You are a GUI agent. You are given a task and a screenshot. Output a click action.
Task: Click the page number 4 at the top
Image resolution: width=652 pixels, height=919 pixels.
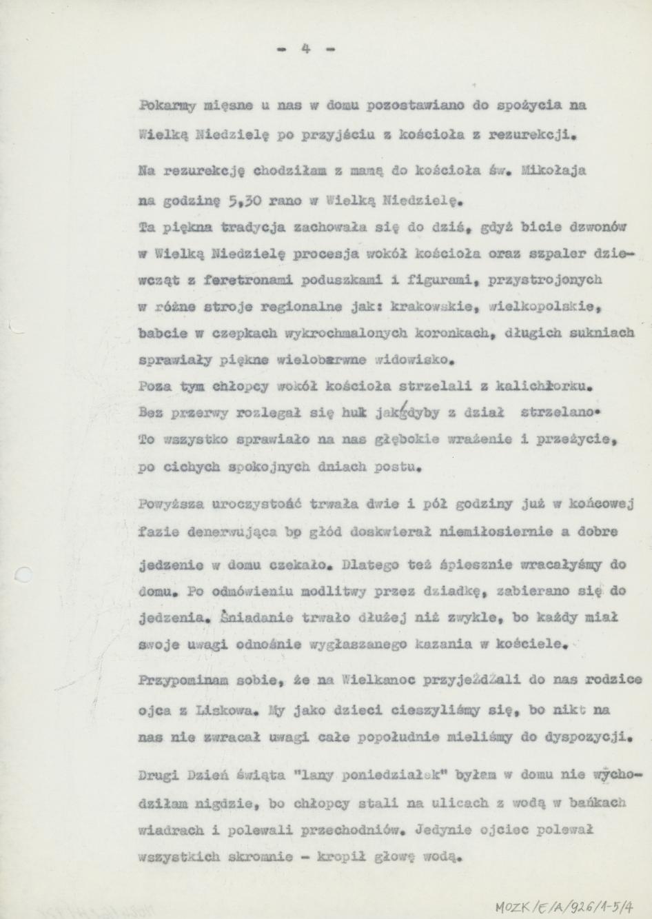tap(305, 50)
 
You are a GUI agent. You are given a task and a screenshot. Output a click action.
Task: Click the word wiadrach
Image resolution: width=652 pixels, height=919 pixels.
tap(169, 829)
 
